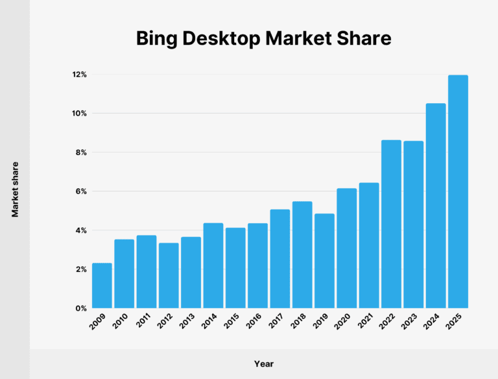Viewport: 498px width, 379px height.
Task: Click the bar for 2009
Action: (102, 286)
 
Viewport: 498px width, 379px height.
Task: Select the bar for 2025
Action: (458, 191)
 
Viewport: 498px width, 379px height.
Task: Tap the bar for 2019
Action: (324, 261)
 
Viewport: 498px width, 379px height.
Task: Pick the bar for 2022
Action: (391, 224)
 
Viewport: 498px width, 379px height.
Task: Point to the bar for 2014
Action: (213, 265)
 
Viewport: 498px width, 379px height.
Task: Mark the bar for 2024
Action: (436, 206)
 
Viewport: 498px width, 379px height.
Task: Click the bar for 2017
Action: (280, 258)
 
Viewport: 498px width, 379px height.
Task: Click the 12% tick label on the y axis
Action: (79, 75)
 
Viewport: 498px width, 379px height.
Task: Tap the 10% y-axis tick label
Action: (79, 114)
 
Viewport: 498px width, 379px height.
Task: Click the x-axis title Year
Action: (263, 363)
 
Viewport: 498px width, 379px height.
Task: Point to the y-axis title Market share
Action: (14, 189)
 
